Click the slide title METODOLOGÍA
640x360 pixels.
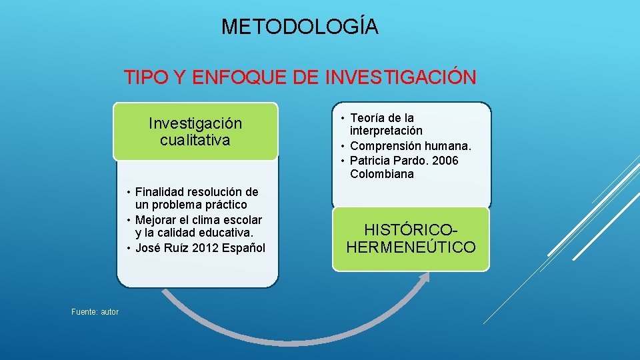tap(300, 27)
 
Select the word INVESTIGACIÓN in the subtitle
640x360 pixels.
tap(401, 78)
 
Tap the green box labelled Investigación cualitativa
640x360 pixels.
tap(195, 131)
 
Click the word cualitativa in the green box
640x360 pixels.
tap(195, 140)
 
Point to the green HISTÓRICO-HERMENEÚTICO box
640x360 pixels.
tap(411, 239)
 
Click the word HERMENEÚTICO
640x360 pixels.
tap(411, 247)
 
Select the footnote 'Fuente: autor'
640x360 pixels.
tap(95, 311)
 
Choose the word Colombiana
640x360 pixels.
tap(382, 174)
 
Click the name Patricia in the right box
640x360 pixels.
tap(371, 161)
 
